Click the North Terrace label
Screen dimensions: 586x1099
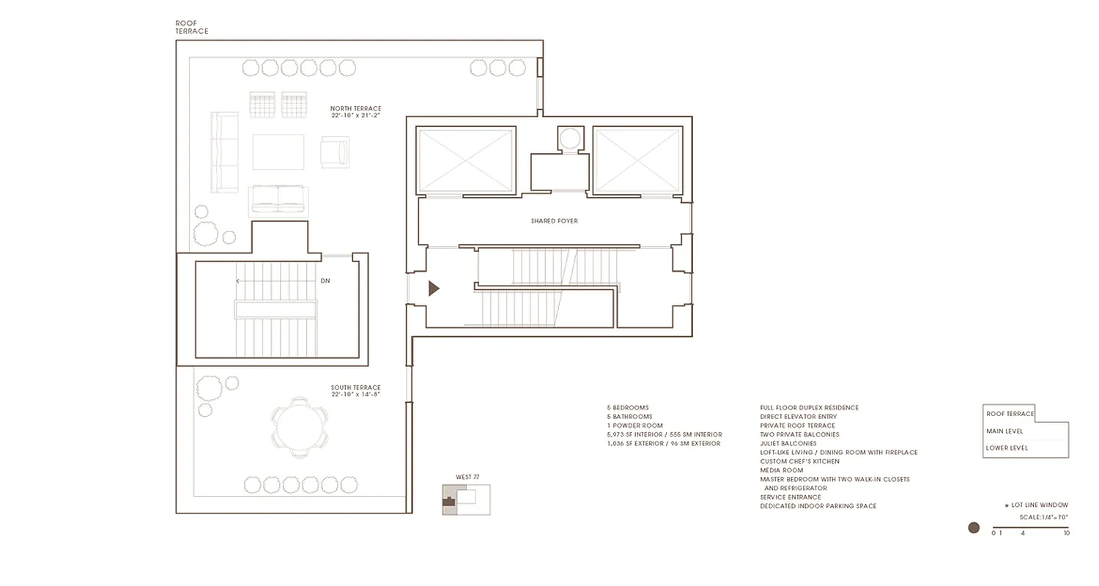tap(355, 112)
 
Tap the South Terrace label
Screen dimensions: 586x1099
tap(355, 391)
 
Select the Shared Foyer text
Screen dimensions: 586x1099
tap(555, 220)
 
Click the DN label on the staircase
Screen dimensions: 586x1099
tap(325, 281)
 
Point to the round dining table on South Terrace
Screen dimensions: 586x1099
tap(299, 426)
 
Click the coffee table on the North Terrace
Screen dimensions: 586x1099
tap(278, 152)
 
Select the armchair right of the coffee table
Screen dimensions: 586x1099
tap(334, 152)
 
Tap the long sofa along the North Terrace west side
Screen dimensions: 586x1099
tap(224, 152)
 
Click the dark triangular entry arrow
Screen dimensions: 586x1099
tap(433, 289)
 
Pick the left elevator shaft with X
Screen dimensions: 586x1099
tap(466, 160)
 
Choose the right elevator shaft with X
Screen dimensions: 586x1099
tap(637, 160)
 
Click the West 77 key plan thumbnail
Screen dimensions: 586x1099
tap(465, 500)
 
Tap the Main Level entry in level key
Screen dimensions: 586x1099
tap(1005, 431)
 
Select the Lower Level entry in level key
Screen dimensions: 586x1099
tap(1007, 448)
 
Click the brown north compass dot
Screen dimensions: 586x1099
tap(974, 527)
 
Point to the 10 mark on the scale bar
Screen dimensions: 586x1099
tap(1066, 533)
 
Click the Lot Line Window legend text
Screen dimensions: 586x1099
tap(1039, 505)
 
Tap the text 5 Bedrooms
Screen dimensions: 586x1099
tap(627, 408)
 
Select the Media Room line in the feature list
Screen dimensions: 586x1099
tap(781, 470)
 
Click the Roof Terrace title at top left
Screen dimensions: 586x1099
tap(191, 27)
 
